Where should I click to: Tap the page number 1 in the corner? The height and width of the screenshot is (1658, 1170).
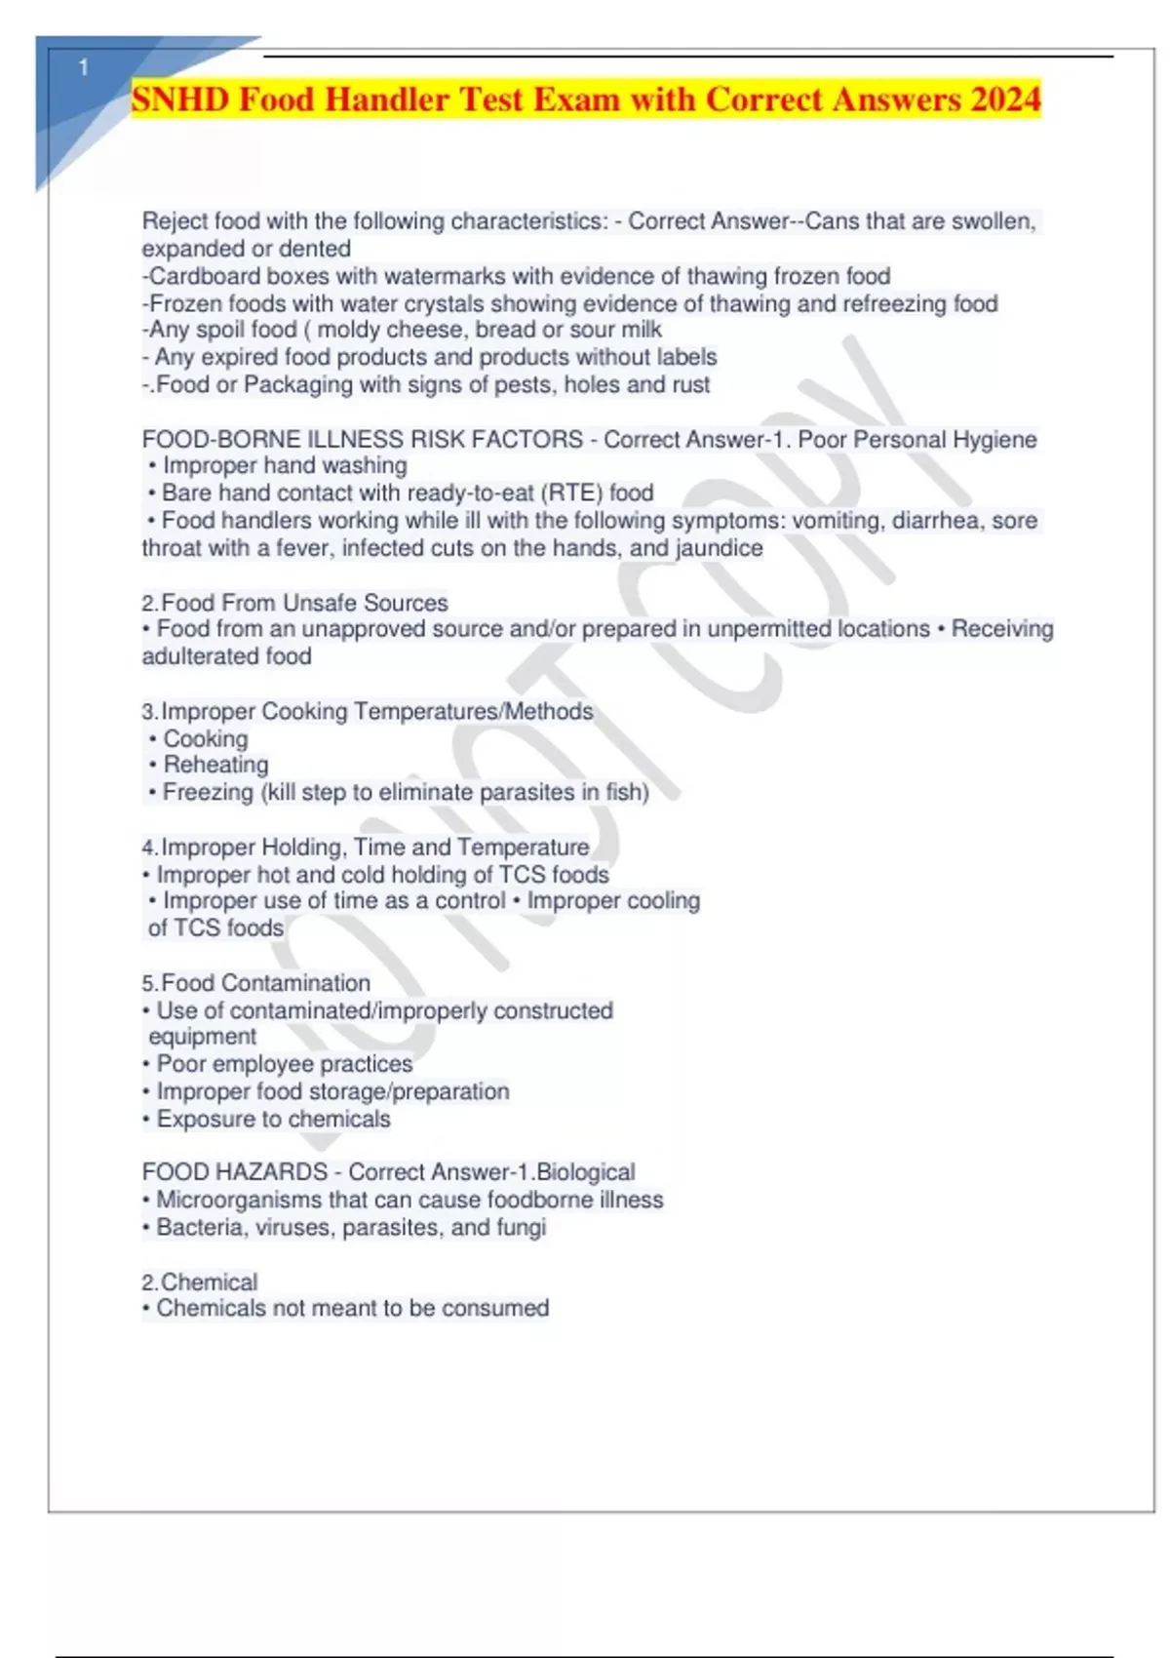click(84, 67)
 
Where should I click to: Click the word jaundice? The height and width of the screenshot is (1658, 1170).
click(719, 548)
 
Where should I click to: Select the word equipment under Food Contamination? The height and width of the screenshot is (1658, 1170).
click(203, 1037)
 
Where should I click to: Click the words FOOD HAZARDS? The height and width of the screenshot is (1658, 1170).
click(234, 1171)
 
